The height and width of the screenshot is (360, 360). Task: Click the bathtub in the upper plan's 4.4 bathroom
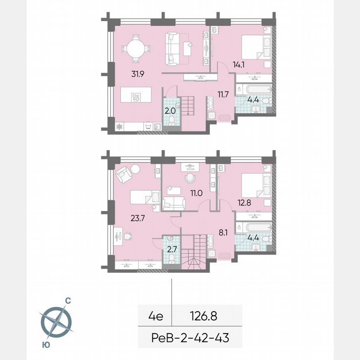[x=253, y=89]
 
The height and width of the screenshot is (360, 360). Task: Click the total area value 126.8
[x=204, y=316]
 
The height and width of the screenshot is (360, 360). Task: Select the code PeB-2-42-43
[x=191, y=338]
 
